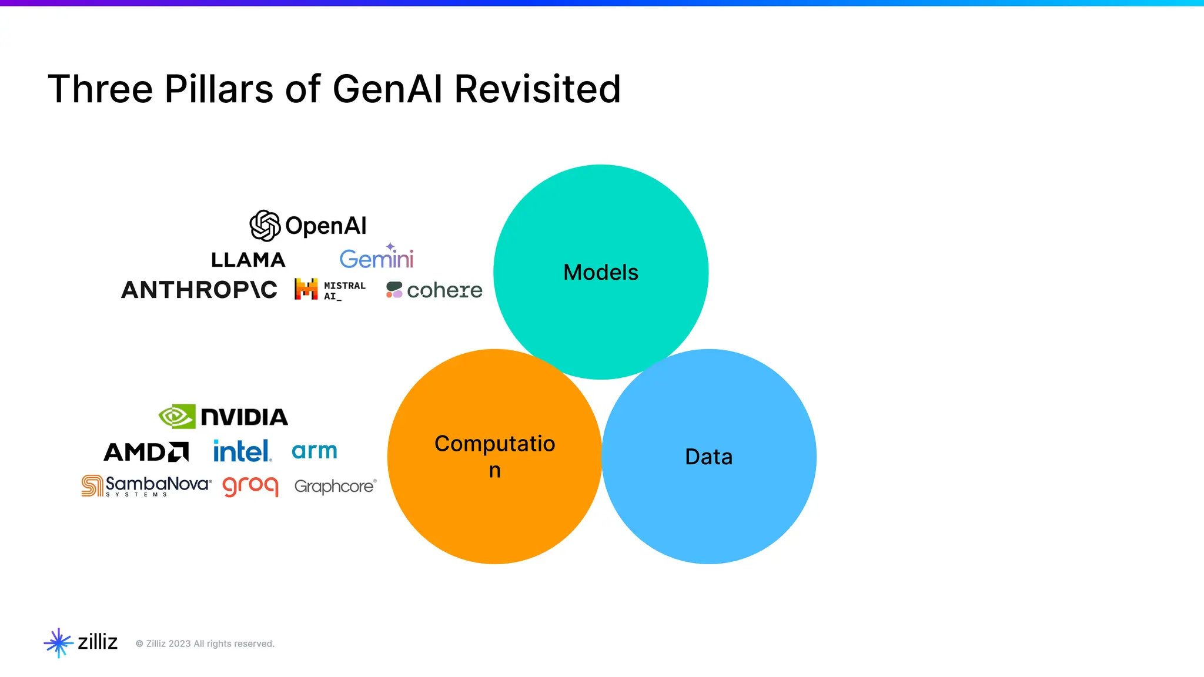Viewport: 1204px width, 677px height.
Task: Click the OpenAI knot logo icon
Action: click(265, 226)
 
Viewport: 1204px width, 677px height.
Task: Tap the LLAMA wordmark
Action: click(248, 260)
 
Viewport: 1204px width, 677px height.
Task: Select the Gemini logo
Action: click(377, 257)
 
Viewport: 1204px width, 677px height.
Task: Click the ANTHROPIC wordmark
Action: click(199, 290)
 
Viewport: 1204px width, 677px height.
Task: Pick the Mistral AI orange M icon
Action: click(306, 289)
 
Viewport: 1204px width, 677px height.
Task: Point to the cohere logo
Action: click(434, 290)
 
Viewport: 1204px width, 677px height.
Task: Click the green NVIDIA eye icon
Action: click(177, 417)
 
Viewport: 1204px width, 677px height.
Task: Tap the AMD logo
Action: click(146, 452)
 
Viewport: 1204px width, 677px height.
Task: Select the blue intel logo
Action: click(242, 451)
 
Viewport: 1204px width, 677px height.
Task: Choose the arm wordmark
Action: click(315, 451)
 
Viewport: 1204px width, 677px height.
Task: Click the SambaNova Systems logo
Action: click(146, 486)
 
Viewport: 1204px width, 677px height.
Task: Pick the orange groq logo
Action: click(250, 486)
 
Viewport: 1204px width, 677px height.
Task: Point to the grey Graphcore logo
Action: click(335, 487)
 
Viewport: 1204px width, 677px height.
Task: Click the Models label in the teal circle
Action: click(601, 273)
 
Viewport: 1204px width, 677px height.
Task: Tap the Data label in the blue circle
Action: click(709, 457)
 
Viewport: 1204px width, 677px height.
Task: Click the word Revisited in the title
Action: click(537, 89)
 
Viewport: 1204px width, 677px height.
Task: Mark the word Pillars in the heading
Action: click(219, 89)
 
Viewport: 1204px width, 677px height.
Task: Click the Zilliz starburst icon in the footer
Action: click(58, 643)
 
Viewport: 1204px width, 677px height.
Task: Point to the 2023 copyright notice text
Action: click(205, 644)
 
